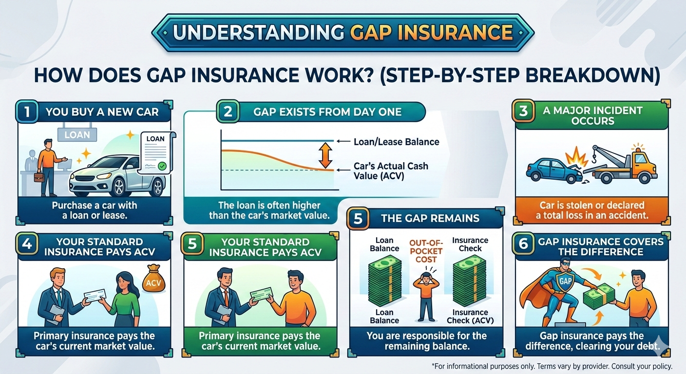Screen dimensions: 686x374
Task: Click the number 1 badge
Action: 27,112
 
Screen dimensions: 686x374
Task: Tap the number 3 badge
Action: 523,111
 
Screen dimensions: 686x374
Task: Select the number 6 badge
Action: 523,243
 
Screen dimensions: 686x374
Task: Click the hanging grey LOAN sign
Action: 77,135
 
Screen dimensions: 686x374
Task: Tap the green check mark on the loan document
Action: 162,166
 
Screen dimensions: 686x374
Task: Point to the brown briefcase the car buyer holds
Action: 39,178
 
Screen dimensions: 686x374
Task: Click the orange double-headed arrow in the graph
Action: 325,155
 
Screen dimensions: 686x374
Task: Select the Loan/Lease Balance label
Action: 396,142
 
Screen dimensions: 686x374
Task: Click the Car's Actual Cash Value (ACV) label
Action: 391,171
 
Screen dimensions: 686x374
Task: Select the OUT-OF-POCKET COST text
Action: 426,251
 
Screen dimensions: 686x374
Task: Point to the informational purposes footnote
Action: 552,366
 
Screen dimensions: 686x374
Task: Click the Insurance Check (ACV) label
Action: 470,316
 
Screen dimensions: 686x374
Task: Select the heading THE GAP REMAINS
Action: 430,218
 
